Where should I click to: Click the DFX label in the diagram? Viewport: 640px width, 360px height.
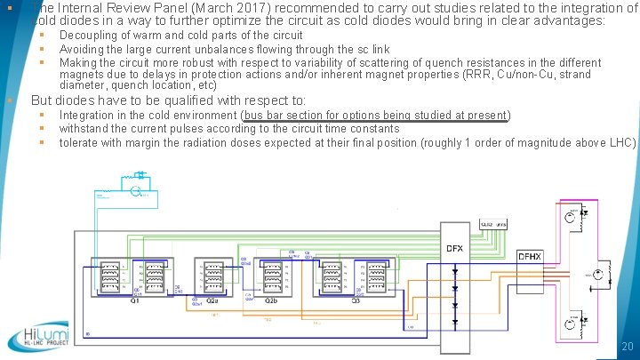[x=454, y=248]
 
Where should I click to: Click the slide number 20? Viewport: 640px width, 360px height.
[x=627, y=346]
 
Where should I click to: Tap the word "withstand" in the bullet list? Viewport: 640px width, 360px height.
[x=84, y=128]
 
